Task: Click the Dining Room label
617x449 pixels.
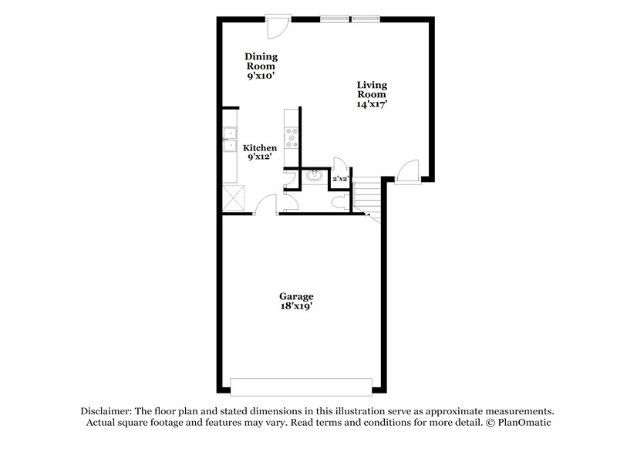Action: (261, 61)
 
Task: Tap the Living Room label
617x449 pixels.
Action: (371, 89)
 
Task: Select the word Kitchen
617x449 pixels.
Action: (260, 147)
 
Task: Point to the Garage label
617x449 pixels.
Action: (296, 295)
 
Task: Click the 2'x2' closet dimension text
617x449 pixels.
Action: (340, 179)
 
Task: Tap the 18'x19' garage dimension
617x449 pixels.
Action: (296, 306)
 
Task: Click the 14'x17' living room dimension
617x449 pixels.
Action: (371, 104)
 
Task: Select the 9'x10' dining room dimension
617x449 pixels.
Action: (261, 77)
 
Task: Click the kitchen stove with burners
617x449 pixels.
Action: (292, 139)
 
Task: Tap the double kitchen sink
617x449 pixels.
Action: (230, 140)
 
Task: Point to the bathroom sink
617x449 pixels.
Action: (314, 177)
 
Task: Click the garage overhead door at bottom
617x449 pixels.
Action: (302, 387)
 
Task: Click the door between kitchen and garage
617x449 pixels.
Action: (265, 206)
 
